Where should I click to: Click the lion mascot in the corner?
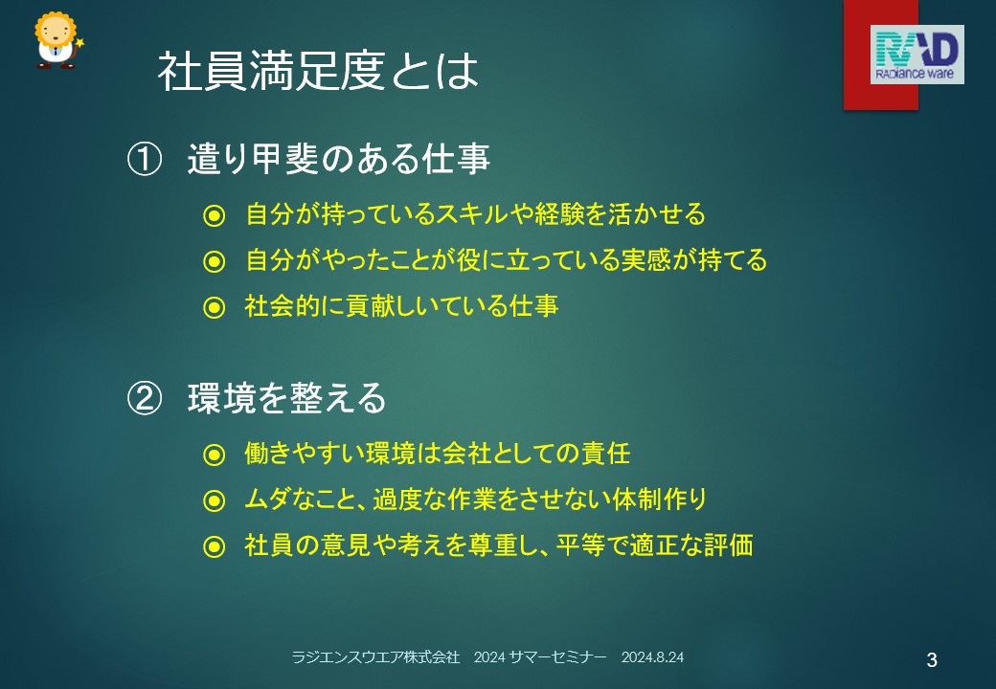pos(57,39)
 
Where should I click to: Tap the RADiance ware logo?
pos(917,55)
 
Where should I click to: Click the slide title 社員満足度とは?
pos(318,71)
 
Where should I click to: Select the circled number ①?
pos(145,159)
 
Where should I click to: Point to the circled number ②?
pos(145,398)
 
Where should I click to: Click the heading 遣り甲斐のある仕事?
pos(339,159)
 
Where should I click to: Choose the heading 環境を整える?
pos(287,398)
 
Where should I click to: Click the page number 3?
pos(932,660)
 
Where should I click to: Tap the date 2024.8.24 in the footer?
pos(652,657)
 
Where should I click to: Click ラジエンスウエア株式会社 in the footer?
pos(375,657)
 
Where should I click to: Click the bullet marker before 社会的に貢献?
pos(215,308)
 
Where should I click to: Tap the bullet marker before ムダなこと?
pos(215,500)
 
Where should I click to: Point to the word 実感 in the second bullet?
pos(646,260)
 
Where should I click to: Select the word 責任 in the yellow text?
pos(605,454)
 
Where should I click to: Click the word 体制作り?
pos(660,500)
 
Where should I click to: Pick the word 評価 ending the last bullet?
pos(728,545)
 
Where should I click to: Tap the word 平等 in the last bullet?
pos(580,545)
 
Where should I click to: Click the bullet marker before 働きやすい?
pos(215,455)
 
